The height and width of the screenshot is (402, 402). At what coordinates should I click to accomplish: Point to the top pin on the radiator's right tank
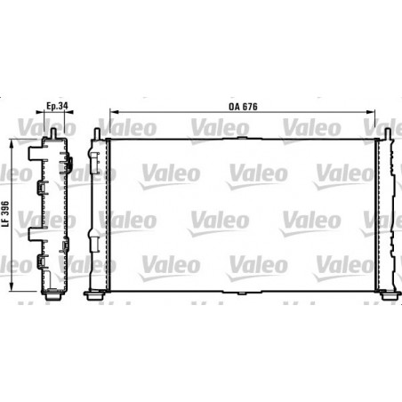click(389, 134)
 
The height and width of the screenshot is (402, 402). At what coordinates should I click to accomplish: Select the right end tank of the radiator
click(385, 213)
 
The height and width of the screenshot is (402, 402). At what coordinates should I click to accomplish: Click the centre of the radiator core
click(242, 213)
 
